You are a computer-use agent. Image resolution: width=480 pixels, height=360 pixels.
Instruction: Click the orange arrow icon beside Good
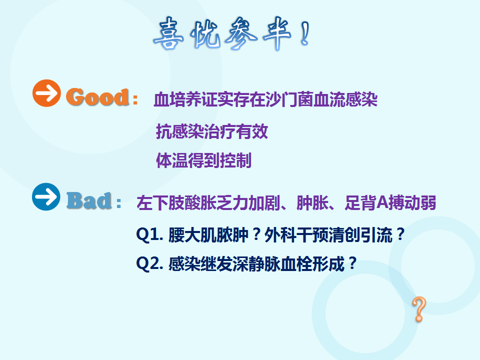point(46,93)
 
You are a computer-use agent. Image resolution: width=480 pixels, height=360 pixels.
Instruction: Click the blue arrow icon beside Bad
point(46,196)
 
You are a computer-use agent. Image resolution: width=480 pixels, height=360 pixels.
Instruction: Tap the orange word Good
point(97,97)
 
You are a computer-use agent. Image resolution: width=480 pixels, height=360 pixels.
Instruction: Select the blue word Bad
point(89,200)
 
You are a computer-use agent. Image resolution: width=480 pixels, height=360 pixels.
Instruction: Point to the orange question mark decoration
point(419,309)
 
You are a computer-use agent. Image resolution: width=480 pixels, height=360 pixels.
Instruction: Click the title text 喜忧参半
point(222,33)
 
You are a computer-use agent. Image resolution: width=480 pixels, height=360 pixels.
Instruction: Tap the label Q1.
point(149,235)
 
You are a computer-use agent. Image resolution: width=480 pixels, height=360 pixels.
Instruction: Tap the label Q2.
point(149,263)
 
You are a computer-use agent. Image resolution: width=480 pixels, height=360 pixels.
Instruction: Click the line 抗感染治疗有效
point(212,131)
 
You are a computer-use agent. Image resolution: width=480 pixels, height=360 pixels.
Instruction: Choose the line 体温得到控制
point(204,160)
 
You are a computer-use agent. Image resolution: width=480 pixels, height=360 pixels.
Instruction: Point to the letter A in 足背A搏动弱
point(382,202)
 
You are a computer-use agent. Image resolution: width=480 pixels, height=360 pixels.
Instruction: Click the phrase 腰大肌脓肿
point(208,235)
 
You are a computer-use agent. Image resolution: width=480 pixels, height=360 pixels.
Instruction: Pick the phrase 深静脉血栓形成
point(288,263)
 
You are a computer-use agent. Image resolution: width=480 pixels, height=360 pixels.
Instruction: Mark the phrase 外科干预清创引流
point(328,235)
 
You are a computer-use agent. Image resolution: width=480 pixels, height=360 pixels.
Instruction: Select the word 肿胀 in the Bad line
point(312,202)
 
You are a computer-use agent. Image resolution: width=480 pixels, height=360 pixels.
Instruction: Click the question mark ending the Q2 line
point(352,263)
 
